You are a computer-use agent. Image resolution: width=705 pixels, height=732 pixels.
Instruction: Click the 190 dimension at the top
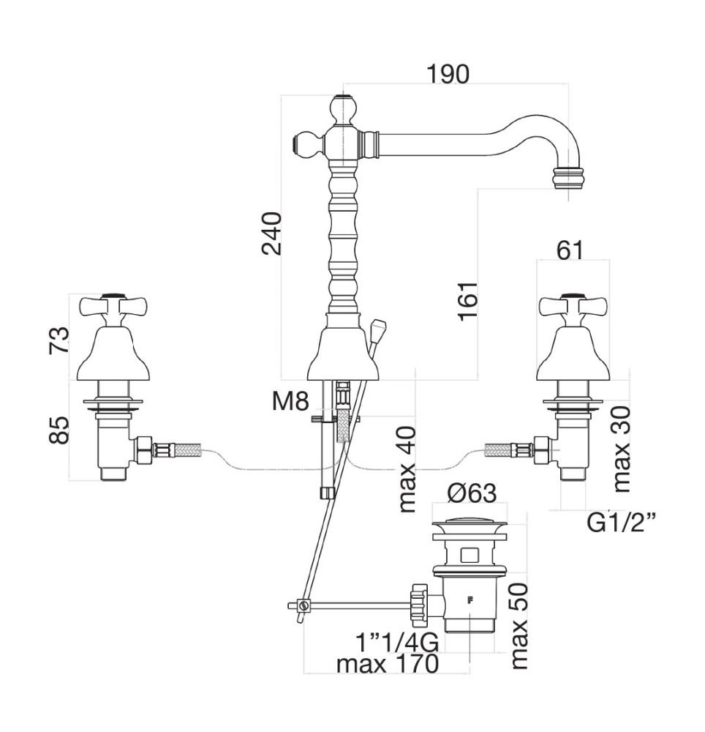click(448, 74)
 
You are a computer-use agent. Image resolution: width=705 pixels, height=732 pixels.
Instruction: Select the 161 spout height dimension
click(468, 300)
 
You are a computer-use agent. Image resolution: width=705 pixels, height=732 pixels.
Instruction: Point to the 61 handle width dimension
click(570, 250)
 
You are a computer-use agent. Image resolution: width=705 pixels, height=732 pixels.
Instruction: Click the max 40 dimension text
click(407, 468)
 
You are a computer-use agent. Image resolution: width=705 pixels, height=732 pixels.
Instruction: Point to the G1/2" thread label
click(622, 523)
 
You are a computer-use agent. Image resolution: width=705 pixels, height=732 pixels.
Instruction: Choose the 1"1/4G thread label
click(396, 643)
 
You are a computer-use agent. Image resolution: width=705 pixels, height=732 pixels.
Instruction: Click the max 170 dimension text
click(388, 665)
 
